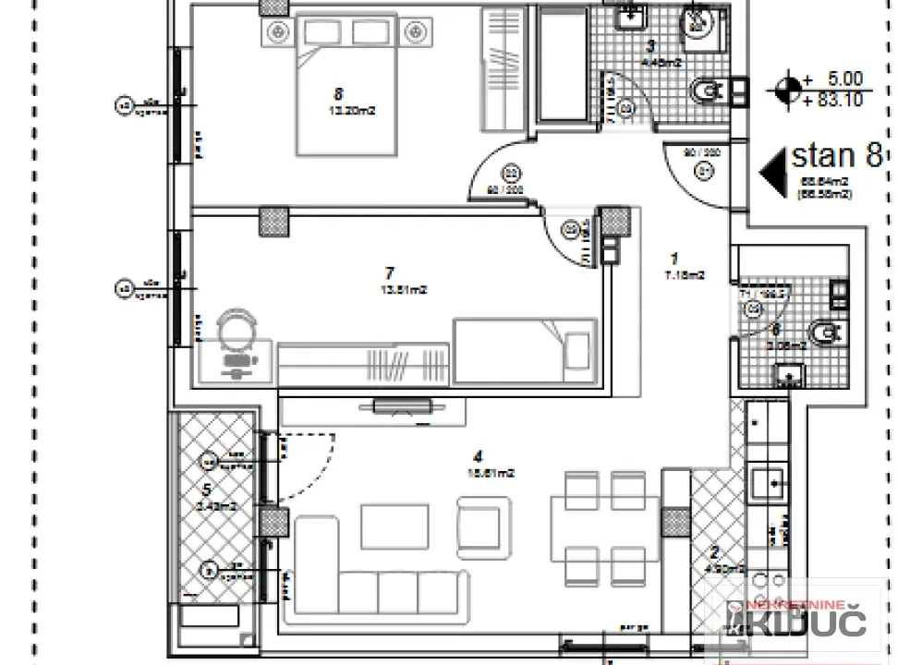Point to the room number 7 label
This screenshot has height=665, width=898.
(389, 272)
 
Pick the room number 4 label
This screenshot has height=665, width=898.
(477, 455)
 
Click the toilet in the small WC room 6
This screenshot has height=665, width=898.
(819, 331)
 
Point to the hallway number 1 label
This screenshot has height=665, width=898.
(673, 260)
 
